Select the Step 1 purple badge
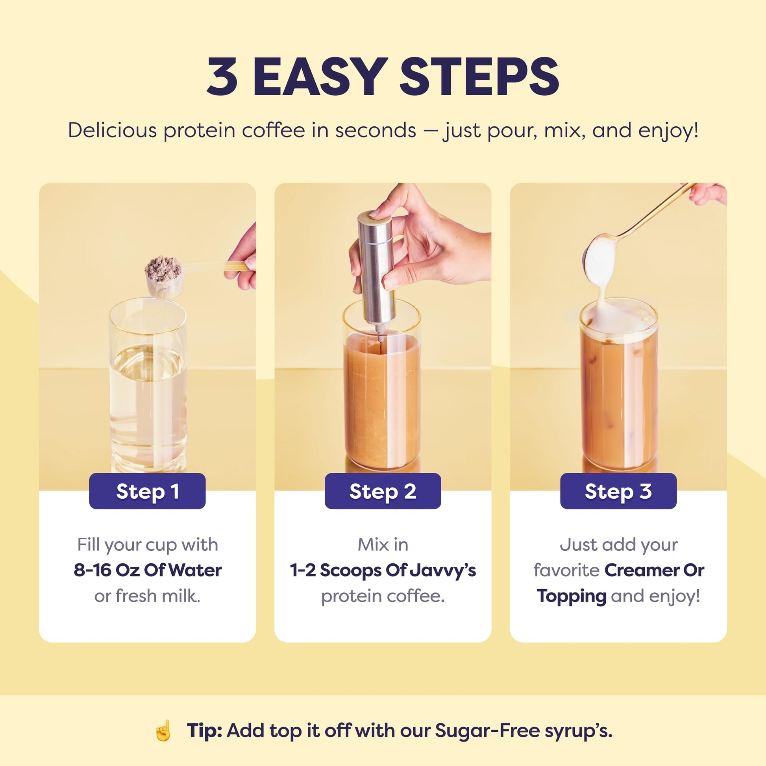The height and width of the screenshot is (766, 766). point(147,491)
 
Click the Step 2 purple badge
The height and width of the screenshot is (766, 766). point(383,491)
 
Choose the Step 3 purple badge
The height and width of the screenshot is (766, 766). point(618,491)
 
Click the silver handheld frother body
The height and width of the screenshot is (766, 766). point(377,266)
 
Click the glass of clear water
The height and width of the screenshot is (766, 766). point(148,389)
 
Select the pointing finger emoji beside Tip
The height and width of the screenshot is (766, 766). point(163,731)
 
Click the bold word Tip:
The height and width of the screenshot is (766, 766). point(204,731)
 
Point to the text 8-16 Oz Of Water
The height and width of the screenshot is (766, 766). point(148,570)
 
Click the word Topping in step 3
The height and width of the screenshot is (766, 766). point(571,596)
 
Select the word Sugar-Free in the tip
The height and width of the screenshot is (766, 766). point(488,731)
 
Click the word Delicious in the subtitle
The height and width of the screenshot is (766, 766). point(113,130)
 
